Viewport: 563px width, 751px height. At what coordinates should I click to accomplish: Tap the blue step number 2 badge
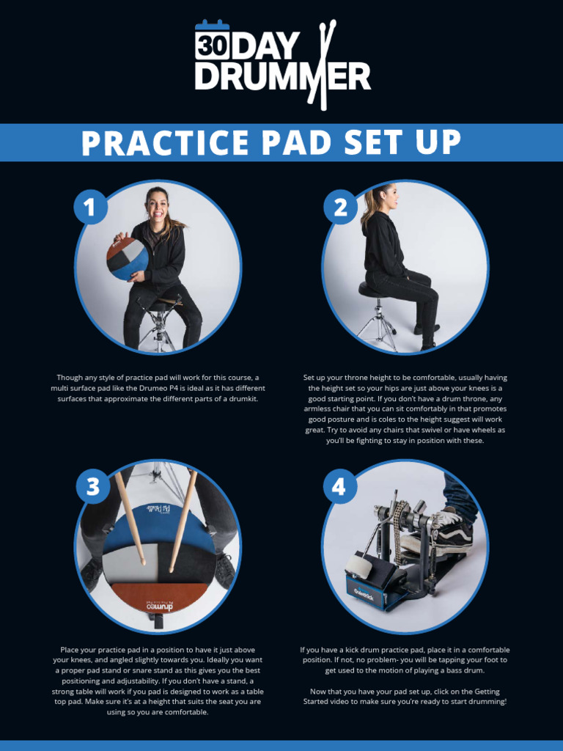(x=340, y=208)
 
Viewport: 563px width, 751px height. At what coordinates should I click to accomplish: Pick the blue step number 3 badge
(x=93, y=487)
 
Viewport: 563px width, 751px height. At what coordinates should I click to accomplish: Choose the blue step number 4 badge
(x=339, y=487)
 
